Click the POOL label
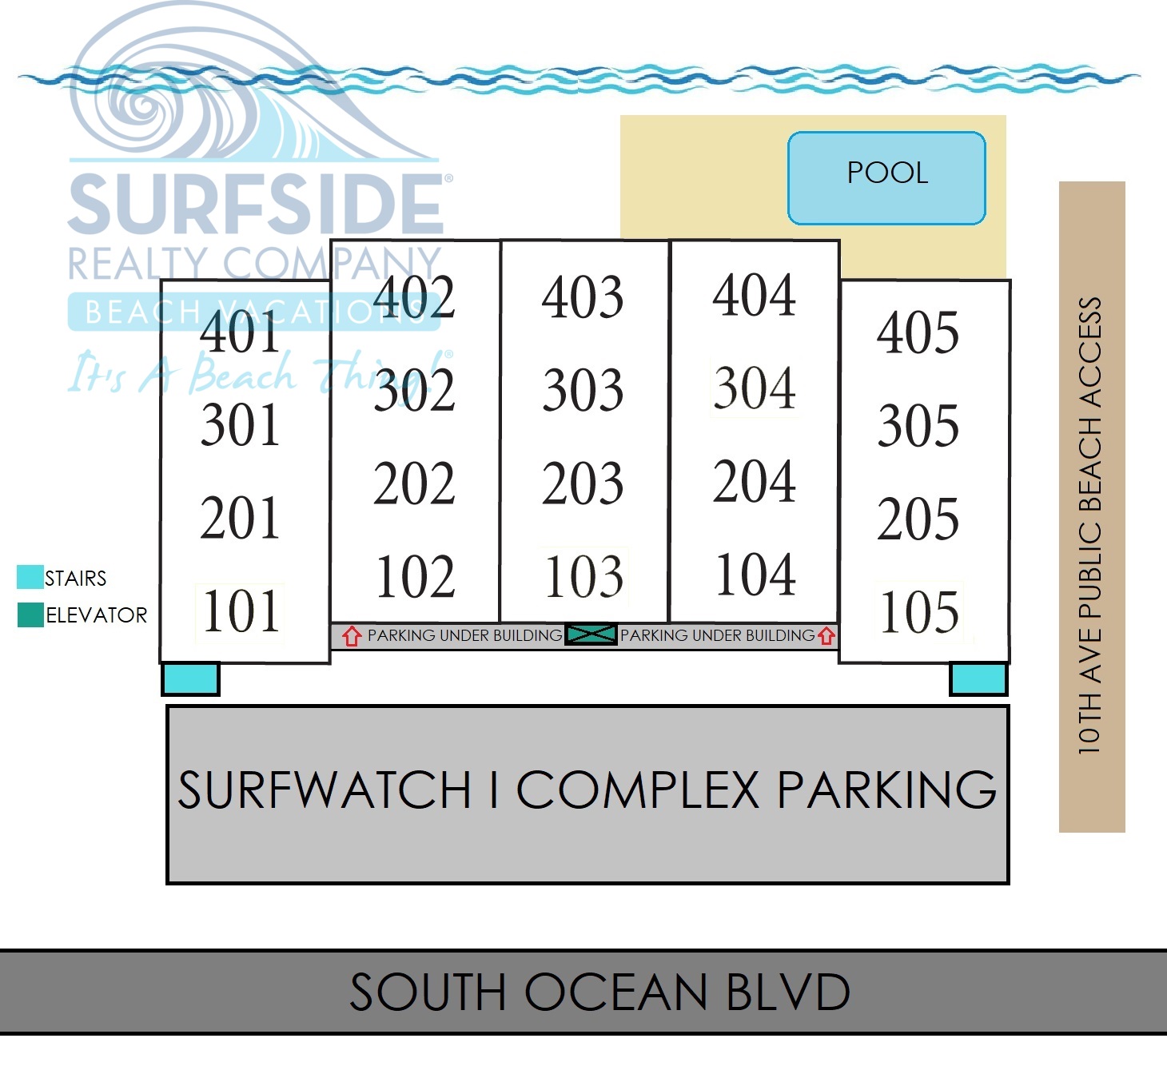887,173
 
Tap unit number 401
240,332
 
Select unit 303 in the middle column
583,390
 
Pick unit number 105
919,612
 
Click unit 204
755,482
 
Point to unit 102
415,576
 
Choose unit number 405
918,332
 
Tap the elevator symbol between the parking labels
591,634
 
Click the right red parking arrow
826,636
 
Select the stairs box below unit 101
191,679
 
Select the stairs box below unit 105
978,679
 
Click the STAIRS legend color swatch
30,577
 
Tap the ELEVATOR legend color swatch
30,615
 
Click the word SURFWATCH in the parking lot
325,790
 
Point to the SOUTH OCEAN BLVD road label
599,992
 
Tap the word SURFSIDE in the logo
256,205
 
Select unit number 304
755,388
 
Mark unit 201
240,519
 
